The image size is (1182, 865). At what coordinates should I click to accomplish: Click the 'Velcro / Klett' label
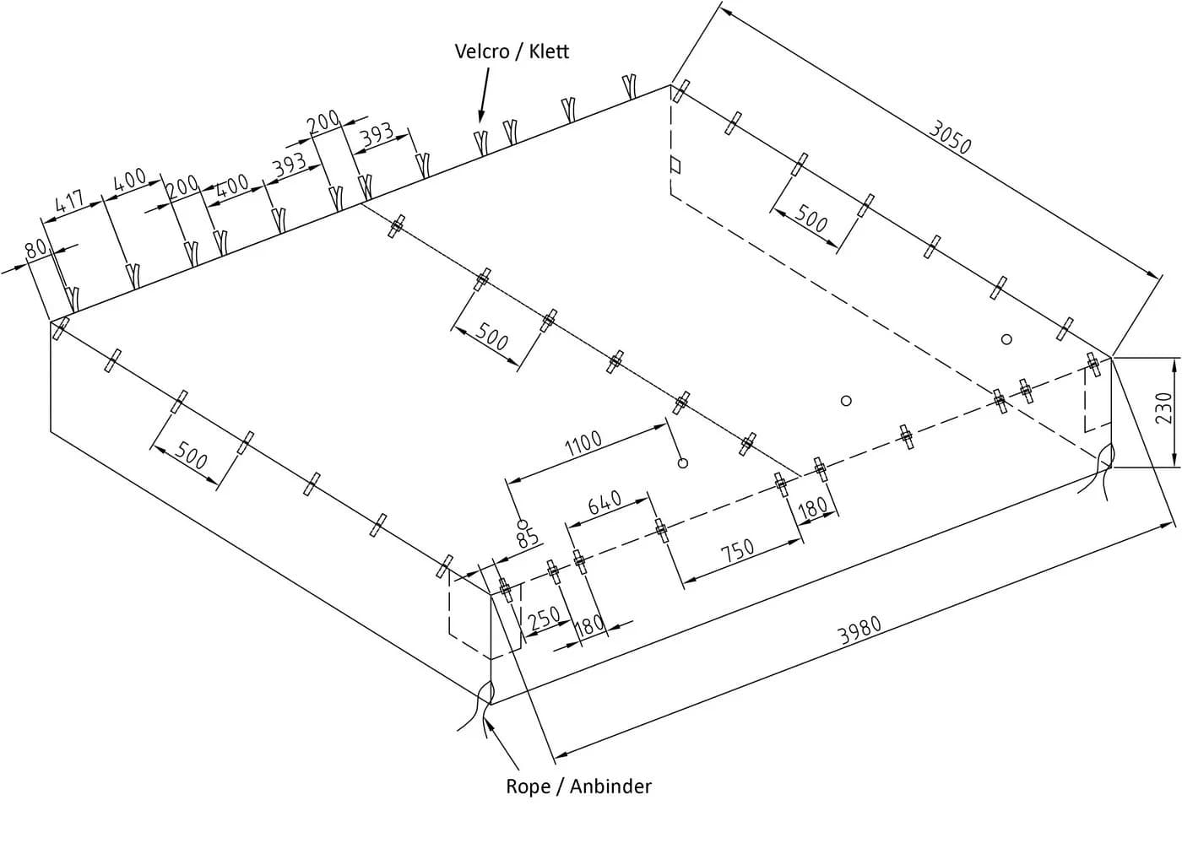coord(512,51)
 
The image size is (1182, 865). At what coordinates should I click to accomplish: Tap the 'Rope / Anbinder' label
coord(578,787)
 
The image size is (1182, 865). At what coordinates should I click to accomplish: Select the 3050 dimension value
coord(949,137)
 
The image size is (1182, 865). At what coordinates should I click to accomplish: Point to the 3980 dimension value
coord(859,630)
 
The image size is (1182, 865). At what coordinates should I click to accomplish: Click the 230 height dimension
coord(1164,407)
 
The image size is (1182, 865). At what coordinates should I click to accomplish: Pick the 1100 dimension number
coord(583,444)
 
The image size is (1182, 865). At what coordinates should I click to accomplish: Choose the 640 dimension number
coord(605,503)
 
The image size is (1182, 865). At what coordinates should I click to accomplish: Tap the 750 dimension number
coord(738,550)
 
